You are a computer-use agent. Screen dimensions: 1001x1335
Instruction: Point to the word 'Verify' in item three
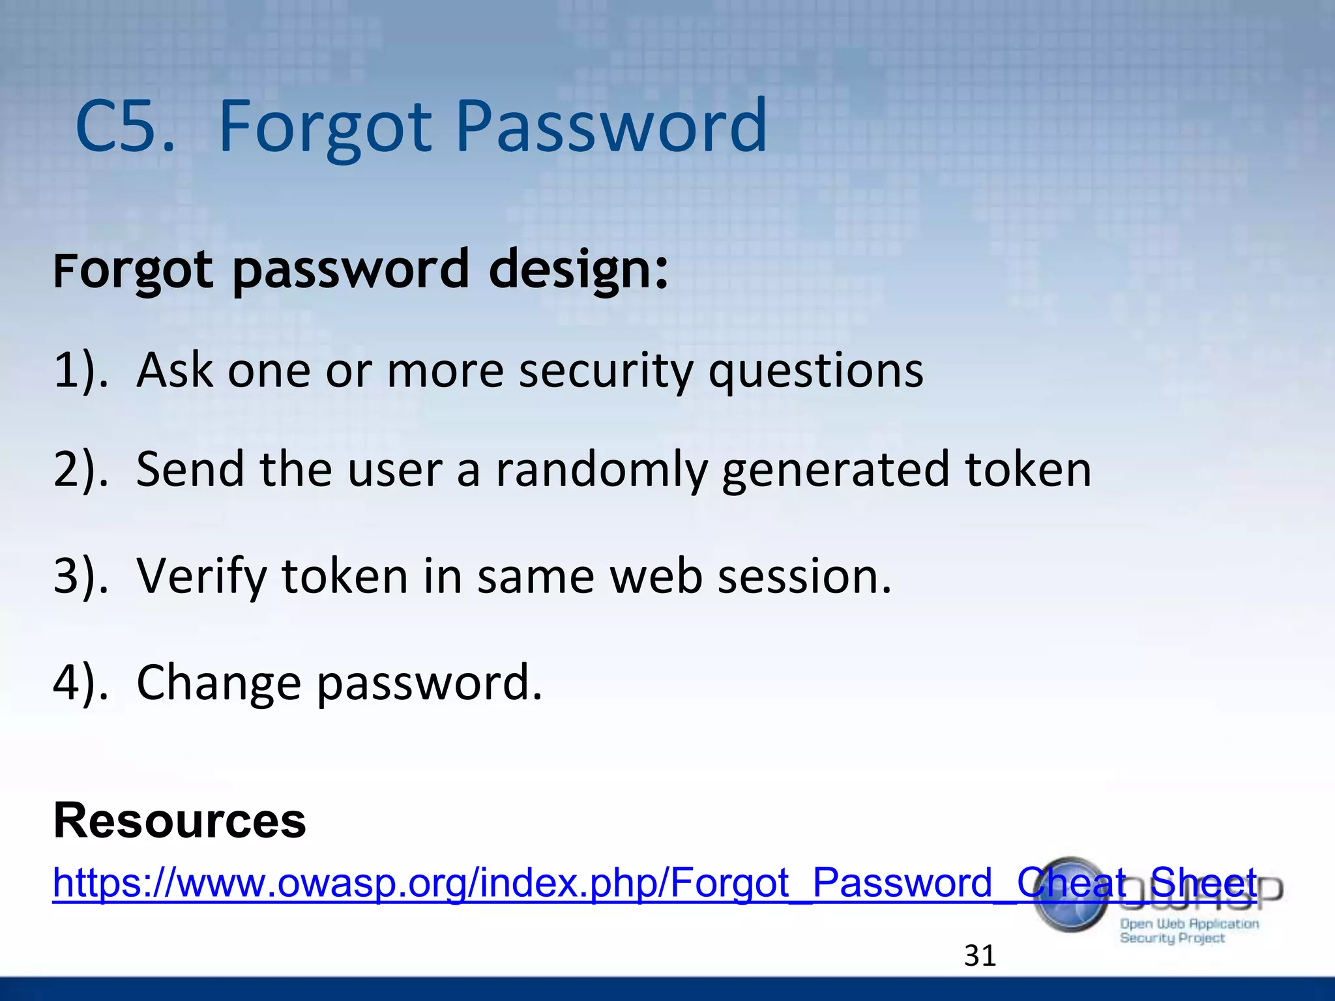pos(201,577)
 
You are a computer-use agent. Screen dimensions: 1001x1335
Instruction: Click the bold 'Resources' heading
pos(179,821)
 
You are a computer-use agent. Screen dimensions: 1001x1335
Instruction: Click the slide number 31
pos(980,956)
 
